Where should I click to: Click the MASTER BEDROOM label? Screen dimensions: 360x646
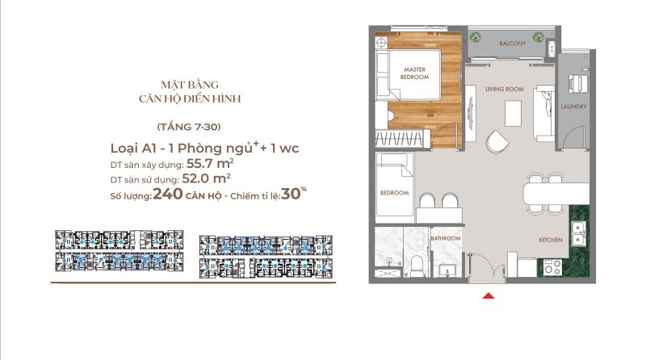coord(414,73)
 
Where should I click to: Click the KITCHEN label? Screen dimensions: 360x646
coord(551,241)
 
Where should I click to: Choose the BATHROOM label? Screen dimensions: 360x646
coord(445,239)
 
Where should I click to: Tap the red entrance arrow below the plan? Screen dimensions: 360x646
coord(487,296)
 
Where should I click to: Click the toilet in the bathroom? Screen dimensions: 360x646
coord(413,264)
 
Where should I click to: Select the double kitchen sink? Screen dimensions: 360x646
coord(577,234)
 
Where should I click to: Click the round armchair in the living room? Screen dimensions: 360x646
coord(498,139)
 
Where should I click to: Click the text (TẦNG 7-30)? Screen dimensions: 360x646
coord(188,128)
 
